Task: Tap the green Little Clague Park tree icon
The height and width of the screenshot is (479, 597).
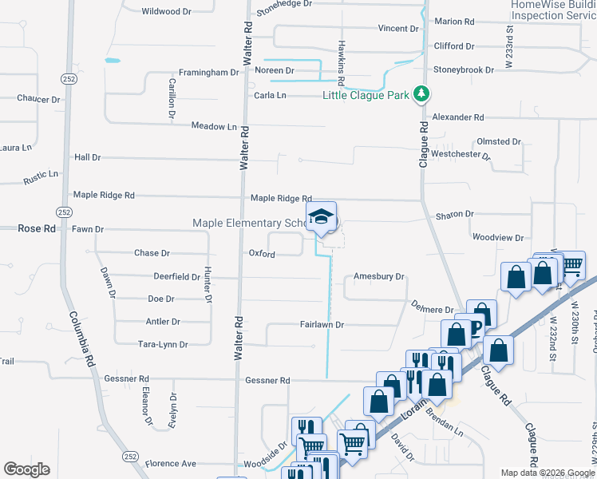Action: (421, 95)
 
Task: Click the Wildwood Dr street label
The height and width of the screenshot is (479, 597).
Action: (167, 12)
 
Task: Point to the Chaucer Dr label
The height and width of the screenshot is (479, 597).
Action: (38, 99)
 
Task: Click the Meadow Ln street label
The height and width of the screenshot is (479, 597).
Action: (214, 126)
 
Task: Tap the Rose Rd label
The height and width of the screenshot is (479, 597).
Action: (37, 228)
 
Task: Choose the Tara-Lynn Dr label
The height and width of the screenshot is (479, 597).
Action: (162, 345)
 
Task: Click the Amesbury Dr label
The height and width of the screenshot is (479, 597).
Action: (380, 277)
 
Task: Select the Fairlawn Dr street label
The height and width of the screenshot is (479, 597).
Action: (322, 325)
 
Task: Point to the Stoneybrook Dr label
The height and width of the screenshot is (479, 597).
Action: (464, 70)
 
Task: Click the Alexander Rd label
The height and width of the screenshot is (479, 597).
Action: (458, 117)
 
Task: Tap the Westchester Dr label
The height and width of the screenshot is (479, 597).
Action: (461, 153)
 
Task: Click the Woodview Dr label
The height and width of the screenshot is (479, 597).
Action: (497, 238)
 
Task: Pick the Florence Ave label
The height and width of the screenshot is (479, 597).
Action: (170, 464)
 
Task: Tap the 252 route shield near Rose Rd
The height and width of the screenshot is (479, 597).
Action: (65, 212)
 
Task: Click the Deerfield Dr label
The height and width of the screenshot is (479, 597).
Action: (176, 277)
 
